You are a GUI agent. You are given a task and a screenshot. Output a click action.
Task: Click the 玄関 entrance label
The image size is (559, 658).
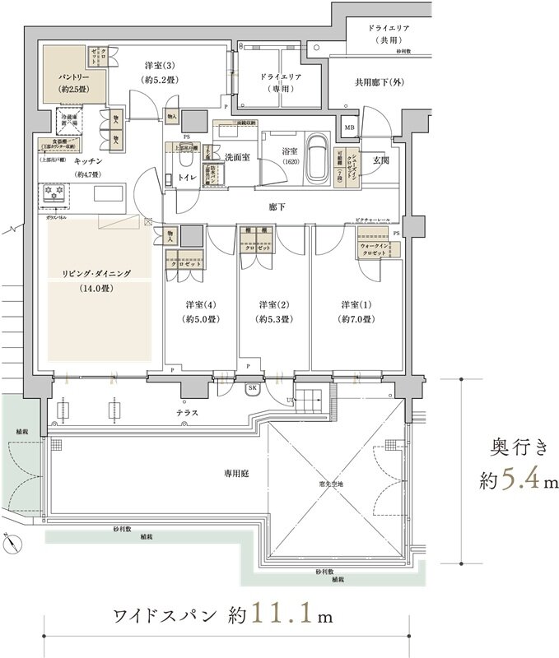click(380, 161)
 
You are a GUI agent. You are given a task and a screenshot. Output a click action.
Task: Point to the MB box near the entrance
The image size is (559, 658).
click(350, 127)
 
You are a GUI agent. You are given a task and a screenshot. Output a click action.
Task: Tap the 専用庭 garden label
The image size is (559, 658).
click(238, 474)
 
